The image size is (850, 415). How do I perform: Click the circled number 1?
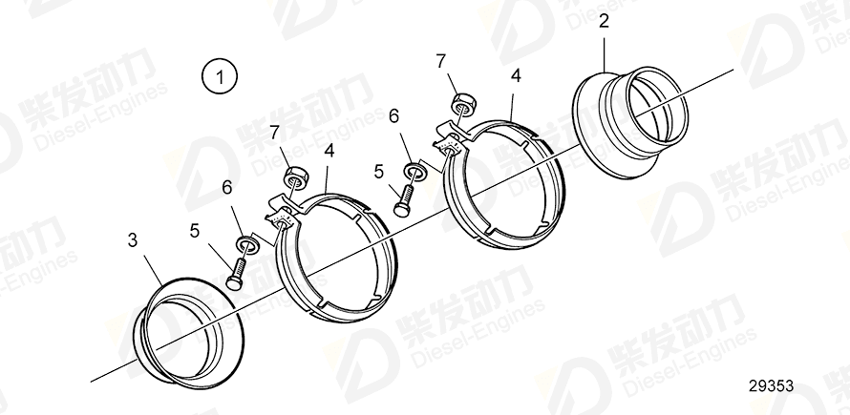220,75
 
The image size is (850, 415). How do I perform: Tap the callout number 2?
604,20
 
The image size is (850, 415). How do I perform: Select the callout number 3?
132,242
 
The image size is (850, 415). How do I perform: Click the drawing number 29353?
772,386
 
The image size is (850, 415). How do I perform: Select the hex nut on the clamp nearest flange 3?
295,177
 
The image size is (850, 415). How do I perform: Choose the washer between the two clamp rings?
415,172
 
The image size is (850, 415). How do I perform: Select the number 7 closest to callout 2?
440,61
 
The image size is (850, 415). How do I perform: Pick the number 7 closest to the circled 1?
273,131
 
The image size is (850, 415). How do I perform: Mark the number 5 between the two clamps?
378,171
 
